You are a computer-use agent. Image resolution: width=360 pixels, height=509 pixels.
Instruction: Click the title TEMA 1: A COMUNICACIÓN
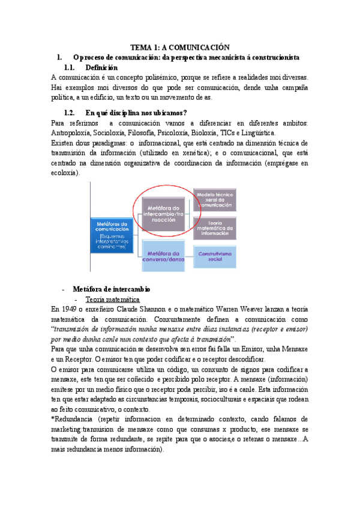[x=181, y=47]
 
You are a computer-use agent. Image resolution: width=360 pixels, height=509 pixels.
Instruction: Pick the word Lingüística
[x=257, y=133]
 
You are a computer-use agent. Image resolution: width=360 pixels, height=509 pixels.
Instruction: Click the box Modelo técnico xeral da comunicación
[x=215, y=198]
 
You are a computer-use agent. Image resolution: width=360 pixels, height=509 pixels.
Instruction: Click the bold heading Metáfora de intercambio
[x=110, y=289]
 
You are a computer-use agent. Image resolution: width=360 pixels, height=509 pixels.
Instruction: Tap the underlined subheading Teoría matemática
[x=113, y=299]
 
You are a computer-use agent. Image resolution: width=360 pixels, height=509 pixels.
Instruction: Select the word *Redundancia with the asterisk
[x=75, y=419]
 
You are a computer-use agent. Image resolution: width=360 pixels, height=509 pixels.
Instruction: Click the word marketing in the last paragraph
[x=68, y=429]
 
